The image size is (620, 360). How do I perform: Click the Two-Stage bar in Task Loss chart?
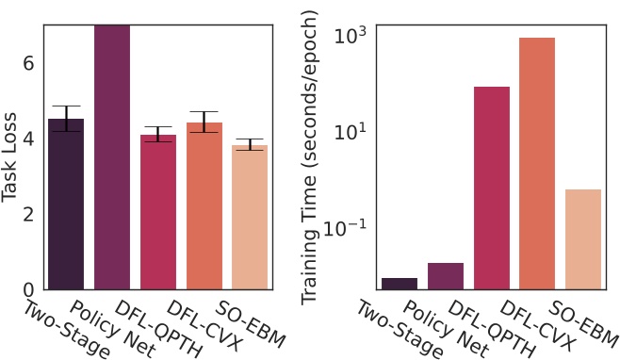pyautogui.click(x=66, y=207)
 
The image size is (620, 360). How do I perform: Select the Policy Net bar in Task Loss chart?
pyautogui.click(x=111, y=160)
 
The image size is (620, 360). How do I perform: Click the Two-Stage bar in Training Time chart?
pyautogui.click(x=400, y=284)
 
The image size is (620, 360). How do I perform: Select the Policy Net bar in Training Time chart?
pyautogui.click(x=446, y=276)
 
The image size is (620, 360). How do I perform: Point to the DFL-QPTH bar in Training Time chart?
pyautogui.click(x=492, y=188)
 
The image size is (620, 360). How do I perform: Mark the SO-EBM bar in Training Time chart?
pyautogui.click(x=583, y=239)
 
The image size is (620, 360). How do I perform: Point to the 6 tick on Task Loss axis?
pyautogui.click(x=28, y=62)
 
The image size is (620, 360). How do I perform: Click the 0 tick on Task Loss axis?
pyautogui.click(x=28, y=289)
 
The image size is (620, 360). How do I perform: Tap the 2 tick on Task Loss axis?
pyautogui.click(x=28, y=214)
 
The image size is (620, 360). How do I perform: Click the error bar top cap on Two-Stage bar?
pyautogui.click(x=66, y=106)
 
